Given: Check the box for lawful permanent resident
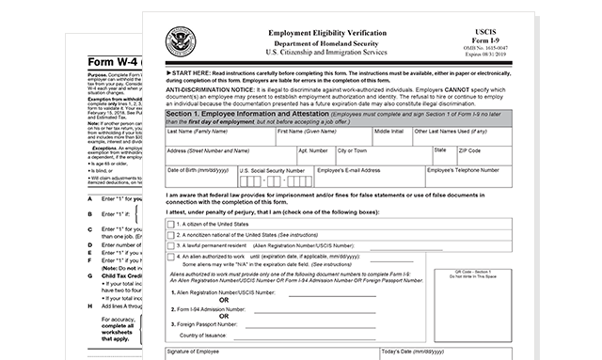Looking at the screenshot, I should [170, 243].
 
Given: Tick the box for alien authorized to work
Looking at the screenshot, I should [170, 256].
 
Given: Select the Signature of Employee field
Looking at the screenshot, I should [269, 354].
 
